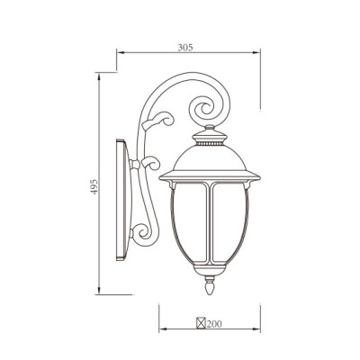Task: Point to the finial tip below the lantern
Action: pyautogui.click(x=211, y=291)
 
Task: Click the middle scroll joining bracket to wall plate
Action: pyautogui.click(x=136, y=166)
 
